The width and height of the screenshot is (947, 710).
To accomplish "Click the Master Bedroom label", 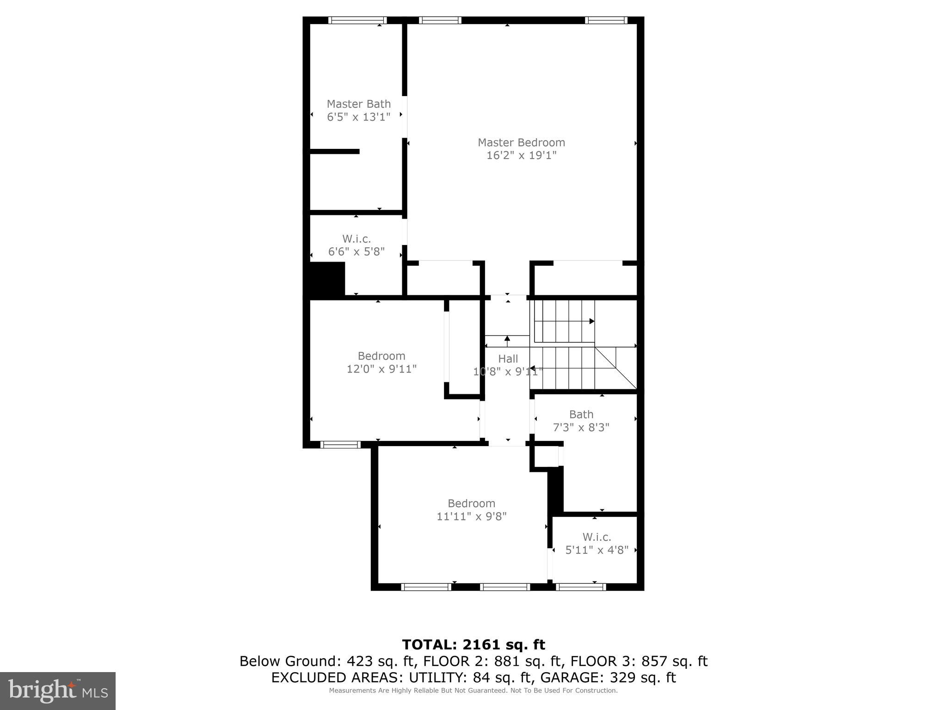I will (521, 142).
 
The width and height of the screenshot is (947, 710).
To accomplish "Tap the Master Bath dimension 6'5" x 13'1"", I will (358, 117).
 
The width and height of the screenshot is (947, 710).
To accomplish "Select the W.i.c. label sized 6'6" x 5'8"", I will (356, 239).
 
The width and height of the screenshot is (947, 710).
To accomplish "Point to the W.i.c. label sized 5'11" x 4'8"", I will (596, 537).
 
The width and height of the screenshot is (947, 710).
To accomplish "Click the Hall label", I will (508, 359).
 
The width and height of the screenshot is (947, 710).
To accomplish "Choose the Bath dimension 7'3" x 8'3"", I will (581, 428).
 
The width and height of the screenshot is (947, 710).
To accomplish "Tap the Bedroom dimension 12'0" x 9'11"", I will (381, 369).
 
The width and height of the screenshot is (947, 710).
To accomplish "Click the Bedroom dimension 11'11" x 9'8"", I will (471, 516).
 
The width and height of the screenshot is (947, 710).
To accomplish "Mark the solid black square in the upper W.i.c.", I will (327, 278).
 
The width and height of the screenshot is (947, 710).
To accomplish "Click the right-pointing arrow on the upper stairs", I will (591, 321).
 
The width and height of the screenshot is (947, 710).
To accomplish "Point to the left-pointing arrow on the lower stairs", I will (532, 368).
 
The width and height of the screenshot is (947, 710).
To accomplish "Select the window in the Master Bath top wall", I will (357, 20).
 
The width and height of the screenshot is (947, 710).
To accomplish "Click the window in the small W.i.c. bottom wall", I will (580, 587).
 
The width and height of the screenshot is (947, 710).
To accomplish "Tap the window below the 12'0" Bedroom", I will (340, 445).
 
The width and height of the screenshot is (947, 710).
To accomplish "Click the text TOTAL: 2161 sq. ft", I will (473, 644).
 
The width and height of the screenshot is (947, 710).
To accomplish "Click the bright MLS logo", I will (58, 691).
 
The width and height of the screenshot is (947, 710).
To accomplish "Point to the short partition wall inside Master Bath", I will (334, 151).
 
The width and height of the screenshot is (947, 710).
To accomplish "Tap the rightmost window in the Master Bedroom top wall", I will (606, 20).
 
